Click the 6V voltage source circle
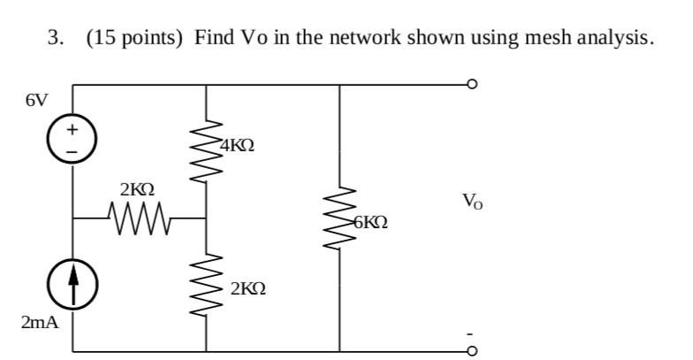tap(72, 140)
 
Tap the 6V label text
tap(36, 99)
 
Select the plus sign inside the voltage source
tap(72, 130)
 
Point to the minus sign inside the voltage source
tap(72, 149)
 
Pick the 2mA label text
tap(40, 322)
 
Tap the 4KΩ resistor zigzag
tap(206, 146)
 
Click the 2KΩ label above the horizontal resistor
tap(137, 188)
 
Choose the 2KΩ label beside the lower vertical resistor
tap(247, 289)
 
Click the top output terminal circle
tap(473, 86)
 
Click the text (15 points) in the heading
tap(136, 39)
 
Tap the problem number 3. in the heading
tap(55, 39)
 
